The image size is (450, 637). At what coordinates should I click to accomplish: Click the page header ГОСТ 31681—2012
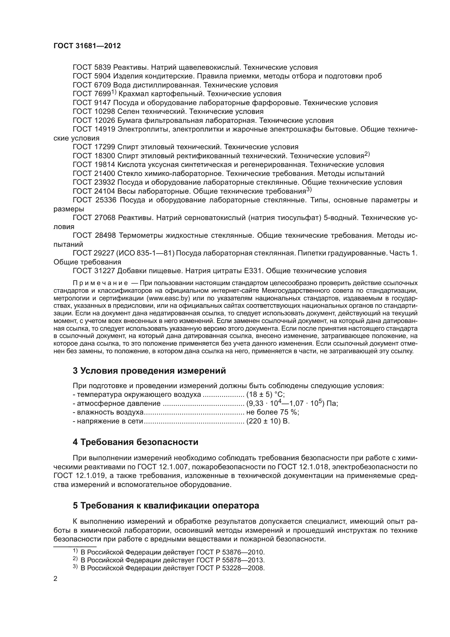[x=87, y=46]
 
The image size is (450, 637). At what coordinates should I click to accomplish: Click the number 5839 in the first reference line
[x=103, y=67]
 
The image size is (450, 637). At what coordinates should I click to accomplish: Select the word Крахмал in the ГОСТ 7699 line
[x=134, y=94]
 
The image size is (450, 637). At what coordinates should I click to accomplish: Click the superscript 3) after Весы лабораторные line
[x=309, y=190]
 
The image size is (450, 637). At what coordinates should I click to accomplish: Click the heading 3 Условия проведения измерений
[x=149, y=371]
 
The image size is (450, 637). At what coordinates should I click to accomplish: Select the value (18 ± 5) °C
[x=266, y=395]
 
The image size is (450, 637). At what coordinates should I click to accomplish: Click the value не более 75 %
[x=272, y=412]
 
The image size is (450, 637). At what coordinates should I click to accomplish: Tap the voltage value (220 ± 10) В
[x=268, y=421]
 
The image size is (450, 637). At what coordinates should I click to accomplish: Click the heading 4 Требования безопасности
[x=135, y=442]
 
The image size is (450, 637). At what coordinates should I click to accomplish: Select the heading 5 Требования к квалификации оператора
[x=166, y=505]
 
